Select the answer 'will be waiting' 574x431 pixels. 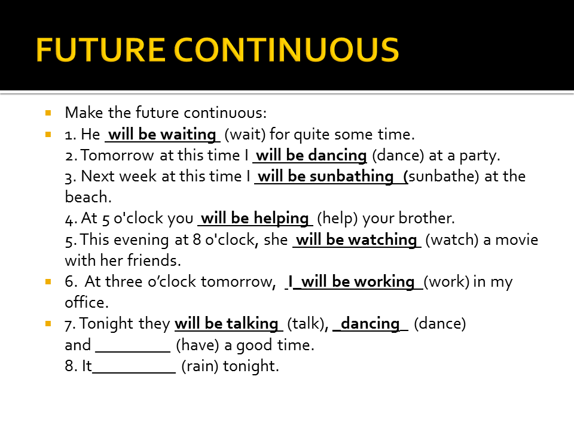click(x=162, y=134)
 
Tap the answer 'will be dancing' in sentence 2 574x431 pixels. click(x=310, y=156)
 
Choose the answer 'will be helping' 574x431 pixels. click(x=255, y=218)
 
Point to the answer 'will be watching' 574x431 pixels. click(x=356, y=240)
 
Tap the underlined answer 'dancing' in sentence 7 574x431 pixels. click(x=370, y=324)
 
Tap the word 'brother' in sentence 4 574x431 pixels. click(x=430, y=218)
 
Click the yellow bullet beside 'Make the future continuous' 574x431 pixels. click(x=48, y=112)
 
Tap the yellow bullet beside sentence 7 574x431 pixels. click(x=48, y=323)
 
